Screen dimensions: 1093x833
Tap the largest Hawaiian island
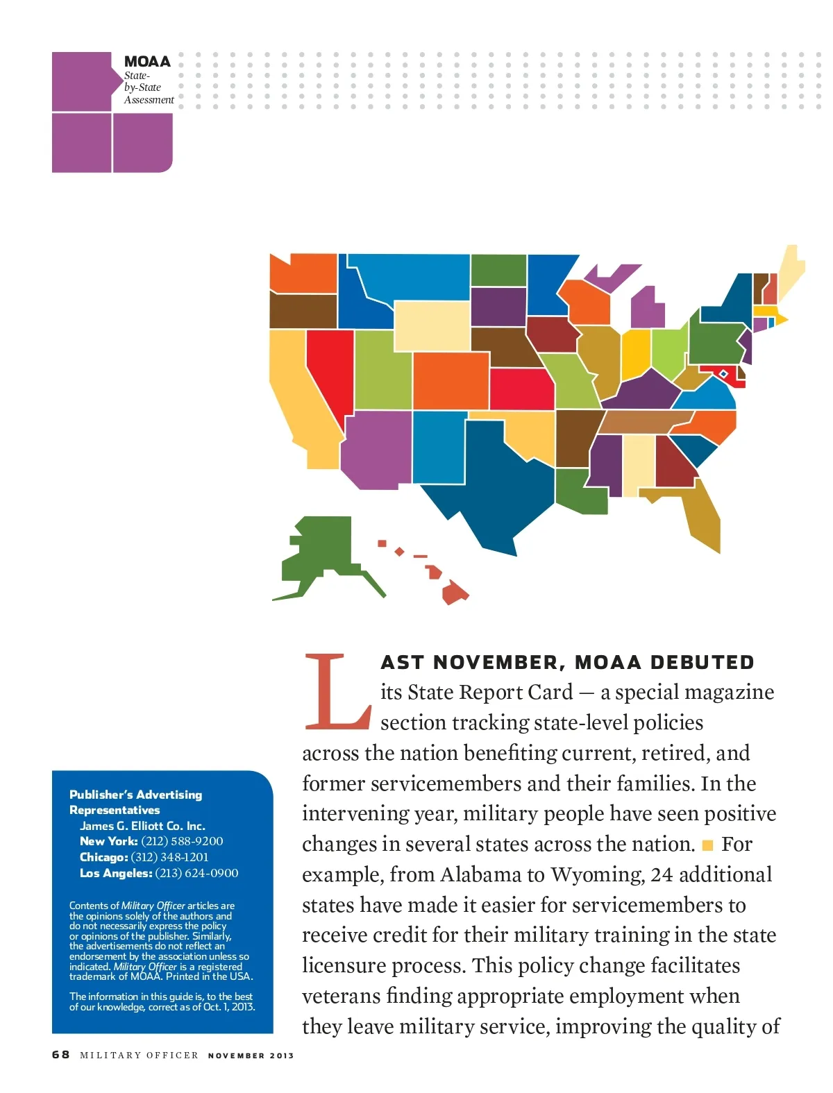click(x=455, y=593)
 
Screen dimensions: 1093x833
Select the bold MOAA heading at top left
click(x=147, y=61)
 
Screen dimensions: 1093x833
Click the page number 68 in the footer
click(x=60, y=1055)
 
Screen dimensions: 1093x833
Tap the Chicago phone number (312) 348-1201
click(x=169, y=857)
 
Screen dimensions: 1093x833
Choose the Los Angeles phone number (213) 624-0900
click(x=196, y=873)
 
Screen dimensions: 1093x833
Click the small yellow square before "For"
click(x=708, y=845)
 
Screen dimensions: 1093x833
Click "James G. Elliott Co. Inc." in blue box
click(x=142, y=826)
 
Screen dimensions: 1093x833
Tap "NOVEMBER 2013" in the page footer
click(x=251, y=1056)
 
